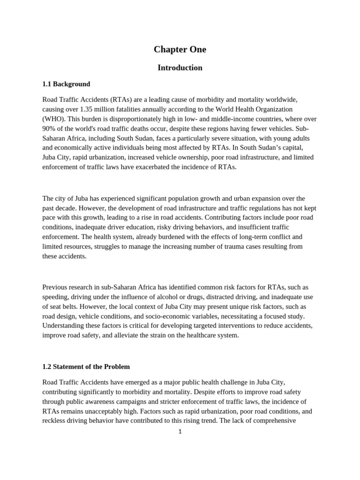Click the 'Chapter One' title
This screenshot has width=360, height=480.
[x=180, y=49]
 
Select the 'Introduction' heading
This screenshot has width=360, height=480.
[x=180, y=67]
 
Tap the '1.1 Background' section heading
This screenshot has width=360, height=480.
[x=66, y=84]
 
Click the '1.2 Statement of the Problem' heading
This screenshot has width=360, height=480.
[x=86, y=367]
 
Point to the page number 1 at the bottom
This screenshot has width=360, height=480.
[x=180, y=431]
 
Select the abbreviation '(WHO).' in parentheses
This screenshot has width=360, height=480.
[x=53, y=119]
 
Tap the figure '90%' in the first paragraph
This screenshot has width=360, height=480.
[x=49, y=129]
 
